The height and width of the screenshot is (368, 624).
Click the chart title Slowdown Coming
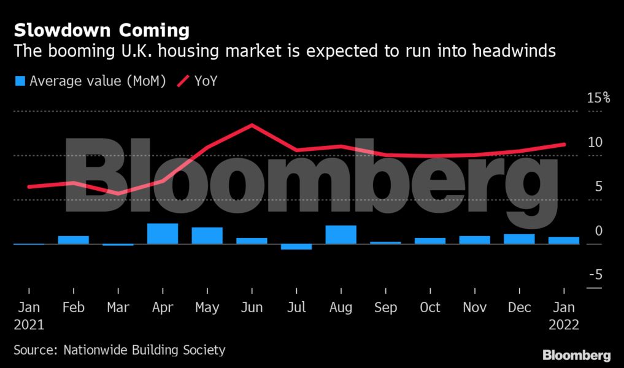click(x=102, y=30)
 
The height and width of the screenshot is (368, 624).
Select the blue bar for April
click(x=163, y=234)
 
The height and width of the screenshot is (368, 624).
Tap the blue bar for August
click(x=341, y=235)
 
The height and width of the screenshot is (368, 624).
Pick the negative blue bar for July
click(x=296, y=247)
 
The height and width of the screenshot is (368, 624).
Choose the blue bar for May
click(x=207, y=236)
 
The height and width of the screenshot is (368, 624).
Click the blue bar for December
click(x=519, y=239)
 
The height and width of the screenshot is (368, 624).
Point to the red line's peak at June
click(x=252, y=125)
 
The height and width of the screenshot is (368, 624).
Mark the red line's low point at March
click(x=118, y=193)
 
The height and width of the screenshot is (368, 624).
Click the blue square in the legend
click(x=20, y=81)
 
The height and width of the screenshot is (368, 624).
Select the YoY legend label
click(x=206, y=81)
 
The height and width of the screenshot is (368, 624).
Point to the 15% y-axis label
click(x=598, y=98)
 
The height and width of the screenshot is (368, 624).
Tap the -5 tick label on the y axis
click(x=595, y=275)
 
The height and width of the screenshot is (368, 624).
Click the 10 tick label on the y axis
click(x=595, y=142)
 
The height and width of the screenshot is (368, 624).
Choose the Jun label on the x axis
click(x=252, y=307)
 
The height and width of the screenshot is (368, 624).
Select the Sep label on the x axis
click(x=385, y=307)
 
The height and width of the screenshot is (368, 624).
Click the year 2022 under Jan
click(x=564, y=324)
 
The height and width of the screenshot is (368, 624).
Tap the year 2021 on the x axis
click(x=28, y=324)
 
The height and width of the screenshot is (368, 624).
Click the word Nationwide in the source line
click(x=98, y=351)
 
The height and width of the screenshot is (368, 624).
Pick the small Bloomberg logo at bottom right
click(x=576, y=355)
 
